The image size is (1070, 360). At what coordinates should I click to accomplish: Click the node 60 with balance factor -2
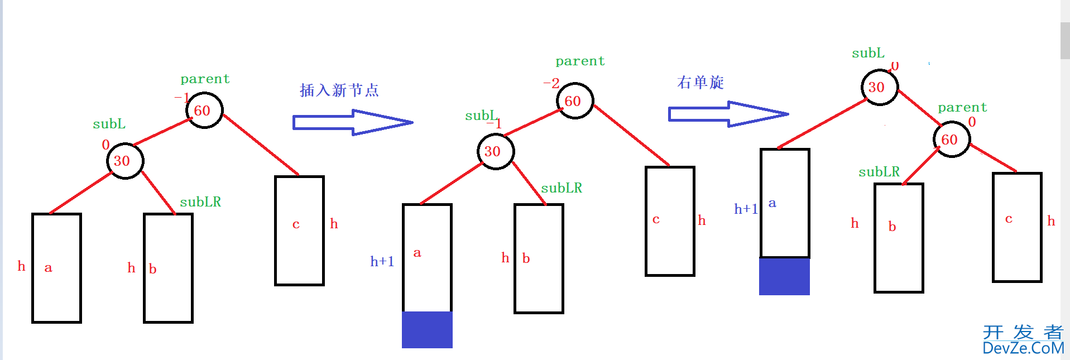pos(574,101)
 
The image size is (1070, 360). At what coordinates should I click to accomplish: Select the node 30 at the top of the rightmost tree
pos(879,87)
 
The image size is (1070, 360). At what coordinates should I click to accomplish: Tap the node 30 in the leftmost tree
pos(125,161)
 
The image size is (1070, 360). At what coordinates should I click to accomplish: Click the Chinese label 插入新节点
pos(339,90)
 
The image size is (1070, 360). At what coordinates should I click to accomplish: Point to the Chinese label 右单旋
pos(700,83)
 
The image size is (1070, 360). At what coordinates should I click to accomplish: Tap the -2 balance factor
pos(551,83)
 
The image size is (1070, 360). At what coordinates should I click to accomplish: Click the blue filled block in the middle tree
pos(427,329)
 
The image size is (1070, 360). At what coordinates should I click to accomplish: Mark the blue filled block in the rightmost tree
pos(784,276)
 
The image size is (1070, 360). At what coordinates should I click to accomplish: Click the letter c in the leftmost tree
pos(296,224)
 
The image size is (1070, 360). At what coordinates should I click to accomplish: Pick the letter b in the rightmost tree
pos(892,227)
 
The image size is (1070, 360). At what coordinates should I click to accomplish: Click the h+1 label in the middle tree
pos(382,261)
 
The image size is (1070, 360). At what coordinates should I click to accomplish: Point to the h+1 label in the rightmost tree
pos(746,209)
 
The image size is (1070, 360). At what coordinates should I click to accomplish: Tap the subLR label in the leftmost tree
pos(200,202)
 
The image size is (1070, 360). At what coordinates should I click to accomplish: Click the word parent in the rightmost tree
pos(962,107)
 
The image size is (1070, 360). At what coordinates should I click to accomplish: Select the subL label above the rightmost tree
pos(868,53)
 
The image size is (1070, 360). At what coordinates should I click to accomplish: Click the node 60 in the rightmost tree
pos(951,140)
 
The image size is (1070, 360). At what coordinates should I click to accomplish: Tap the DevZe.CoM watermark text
pos(1023,348)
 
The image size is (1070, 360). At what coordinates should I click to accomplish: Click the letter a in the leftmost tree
pos(48,268)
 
